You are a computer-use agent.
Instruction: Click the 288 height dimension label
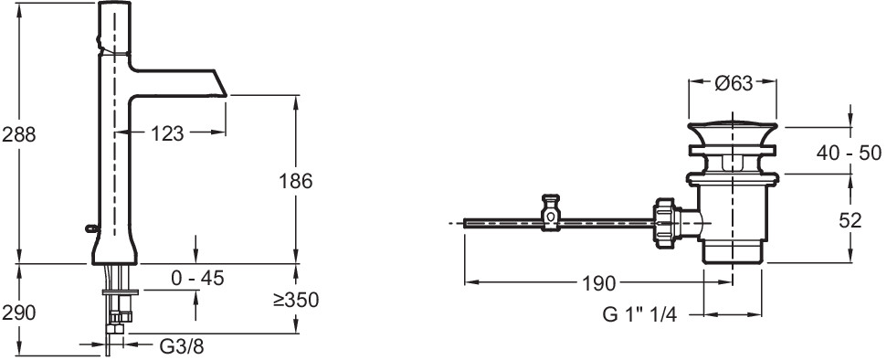point(18,134)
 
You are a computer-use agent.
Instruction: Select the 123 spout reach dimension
point(167,133)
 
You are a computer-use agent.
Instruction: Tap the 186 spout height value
point(296,182)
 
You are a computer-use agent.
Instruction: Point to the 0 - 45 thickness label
point(198,278)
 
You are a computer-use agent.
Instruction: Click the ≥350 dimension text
point(296,300)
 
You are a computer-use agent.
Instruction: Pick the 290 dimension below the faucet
point(18,312)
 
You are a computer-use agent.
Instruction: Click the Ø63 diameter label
point(734,84)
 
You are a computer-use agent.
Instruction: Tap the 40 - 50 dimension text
point(850,153)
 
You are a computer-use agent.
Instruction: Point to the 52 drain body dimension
point(850,220)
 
